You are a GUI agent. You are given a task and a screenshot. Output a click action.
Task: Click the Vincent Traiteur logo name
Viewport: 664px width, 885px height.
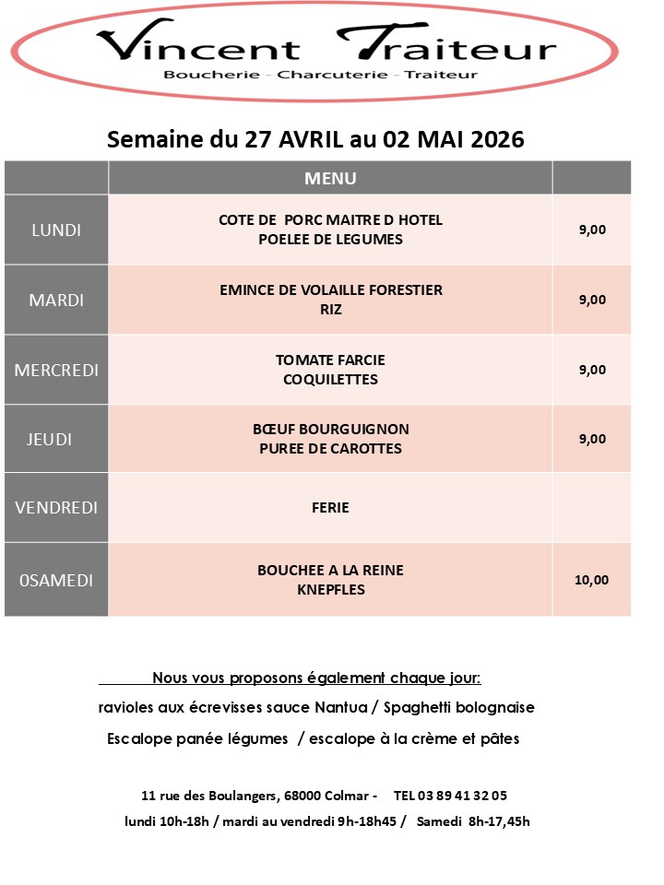click(326, 46)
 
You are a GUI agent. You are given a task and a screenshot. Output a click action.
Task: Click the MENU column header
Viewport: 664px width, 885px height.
click(330, 178)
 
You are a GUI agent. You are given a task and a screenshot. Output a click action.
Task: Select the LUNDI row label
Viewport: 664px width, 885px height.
click(56, 230)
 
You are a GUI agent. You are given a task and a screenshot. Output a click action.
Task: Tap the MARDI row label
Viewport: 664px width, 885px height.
click(56, 300)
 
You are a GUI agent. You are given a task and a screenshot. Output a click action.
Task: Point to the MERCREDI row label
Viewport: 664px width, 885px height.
click(56, 370)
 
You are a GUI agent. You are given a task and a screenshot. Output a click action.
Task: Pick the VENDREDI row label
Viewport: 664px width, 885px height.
click(56, 507)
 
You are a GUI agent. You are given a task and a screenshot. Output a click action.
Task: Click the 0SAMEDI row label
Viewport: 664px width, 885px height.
click(56, 580)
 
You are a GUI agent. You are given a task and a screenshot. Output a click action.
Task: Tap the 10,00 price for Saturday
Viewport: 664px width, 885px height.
click(591, 580)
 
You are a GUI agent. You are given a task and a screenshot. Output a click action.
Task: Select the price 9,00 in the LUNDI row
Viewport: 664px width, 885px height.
click(592, 230)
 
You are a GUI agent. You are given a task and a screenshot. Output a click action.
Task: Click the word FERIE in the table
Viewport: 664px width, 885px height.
click(330, 507)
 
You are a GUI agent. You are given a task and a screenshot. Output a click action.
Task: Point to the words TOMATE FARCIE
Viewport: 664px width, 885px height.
click(330, 360)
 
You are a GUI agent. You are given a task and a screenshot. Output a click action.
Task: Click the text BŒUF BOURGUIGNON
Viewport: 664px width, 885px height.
click(330, 430)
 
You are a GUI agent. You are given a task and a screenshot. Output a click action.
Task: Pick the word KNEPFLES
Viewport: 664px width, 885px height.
click(330, 589)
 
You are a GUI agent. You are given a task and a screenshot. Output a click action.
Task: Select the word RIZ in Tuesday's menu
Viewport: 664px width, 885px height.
click(330, 310)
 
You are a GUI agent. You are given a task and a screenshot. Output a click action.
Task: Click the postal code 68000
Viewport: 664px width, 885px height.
click(303, 795)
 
